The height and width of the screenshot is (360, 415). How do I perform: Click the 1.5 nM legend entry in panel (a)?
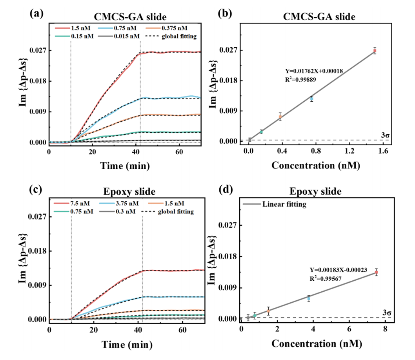73,28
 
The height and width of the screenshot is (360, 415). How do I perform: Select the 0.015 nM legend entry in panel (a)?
119,36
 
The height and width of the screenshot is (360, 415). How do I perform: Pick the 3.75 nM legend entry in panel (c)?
119,203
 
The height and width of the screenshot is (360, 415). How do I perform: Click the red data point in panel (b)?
375,51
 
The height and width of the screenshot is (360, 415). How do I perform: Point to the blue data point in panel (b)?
312,99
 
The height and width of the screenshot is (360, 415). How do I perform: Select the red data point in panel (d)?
376,272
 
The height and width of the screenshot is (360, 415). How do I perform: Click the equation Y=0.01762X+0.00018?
314,71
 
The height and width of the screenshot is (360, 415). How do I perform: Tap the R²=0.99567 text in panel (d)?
326,278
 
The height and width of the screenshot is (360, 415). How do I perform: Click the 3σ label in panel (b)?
385,135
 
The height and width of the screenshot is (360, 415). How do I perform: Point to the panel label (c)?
36,190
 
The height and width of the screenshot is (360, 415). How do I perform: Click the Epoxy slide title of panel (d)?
315,191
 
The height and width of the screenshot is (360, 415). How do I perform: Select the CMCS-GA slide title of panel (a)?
130,17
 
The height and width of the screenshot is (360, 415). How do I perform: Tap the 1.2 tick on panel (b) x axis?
349,151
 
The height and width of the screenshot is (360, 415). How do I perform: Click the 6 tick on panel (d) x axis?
349,329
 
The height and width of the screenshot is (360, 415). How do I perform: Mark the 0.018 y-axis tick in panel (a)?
38,81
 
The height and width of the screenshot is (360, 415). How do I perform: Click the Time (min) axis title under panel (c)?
127,345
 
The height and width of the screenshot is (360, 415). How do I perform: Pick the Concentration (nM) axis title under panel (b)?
316,166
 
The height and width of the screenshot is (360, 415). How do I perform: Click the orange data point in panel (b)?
280,117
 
